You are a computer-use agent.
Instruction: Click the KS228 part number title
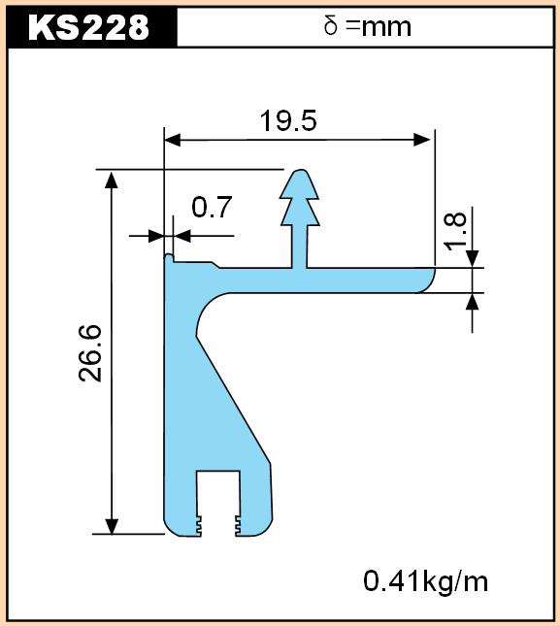pyautogui.click(x=88, y=27)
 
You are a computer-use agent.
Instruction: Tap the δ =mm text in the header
pyautogui.click(x=367, y=27)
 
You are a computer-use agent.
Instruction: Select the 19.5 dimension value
pyautogui.click(x=288, y=120)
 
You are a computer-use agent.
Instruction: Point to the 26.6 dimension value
pyautogui.click(x=90, y=353)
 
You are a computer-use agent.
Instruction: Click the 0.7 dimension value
pyautogui.click(x=212, y=207)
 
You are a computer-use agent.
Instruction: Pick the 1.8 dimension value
pyautogui.click(x=455, y=231)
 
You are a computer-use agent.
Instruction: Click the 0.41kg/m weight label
pyautogui.click(x=425, y=581)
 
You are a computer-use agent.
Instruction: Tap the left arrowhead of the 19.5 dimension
pyautogui.click(x=173, y=140)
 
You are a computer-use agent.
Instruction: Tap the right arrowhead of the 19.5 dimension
pyautogui.click(x=422, y=140)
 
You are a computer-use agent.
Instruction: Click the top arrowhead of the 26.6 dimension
pyautogui.click(x=112, y=180)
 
